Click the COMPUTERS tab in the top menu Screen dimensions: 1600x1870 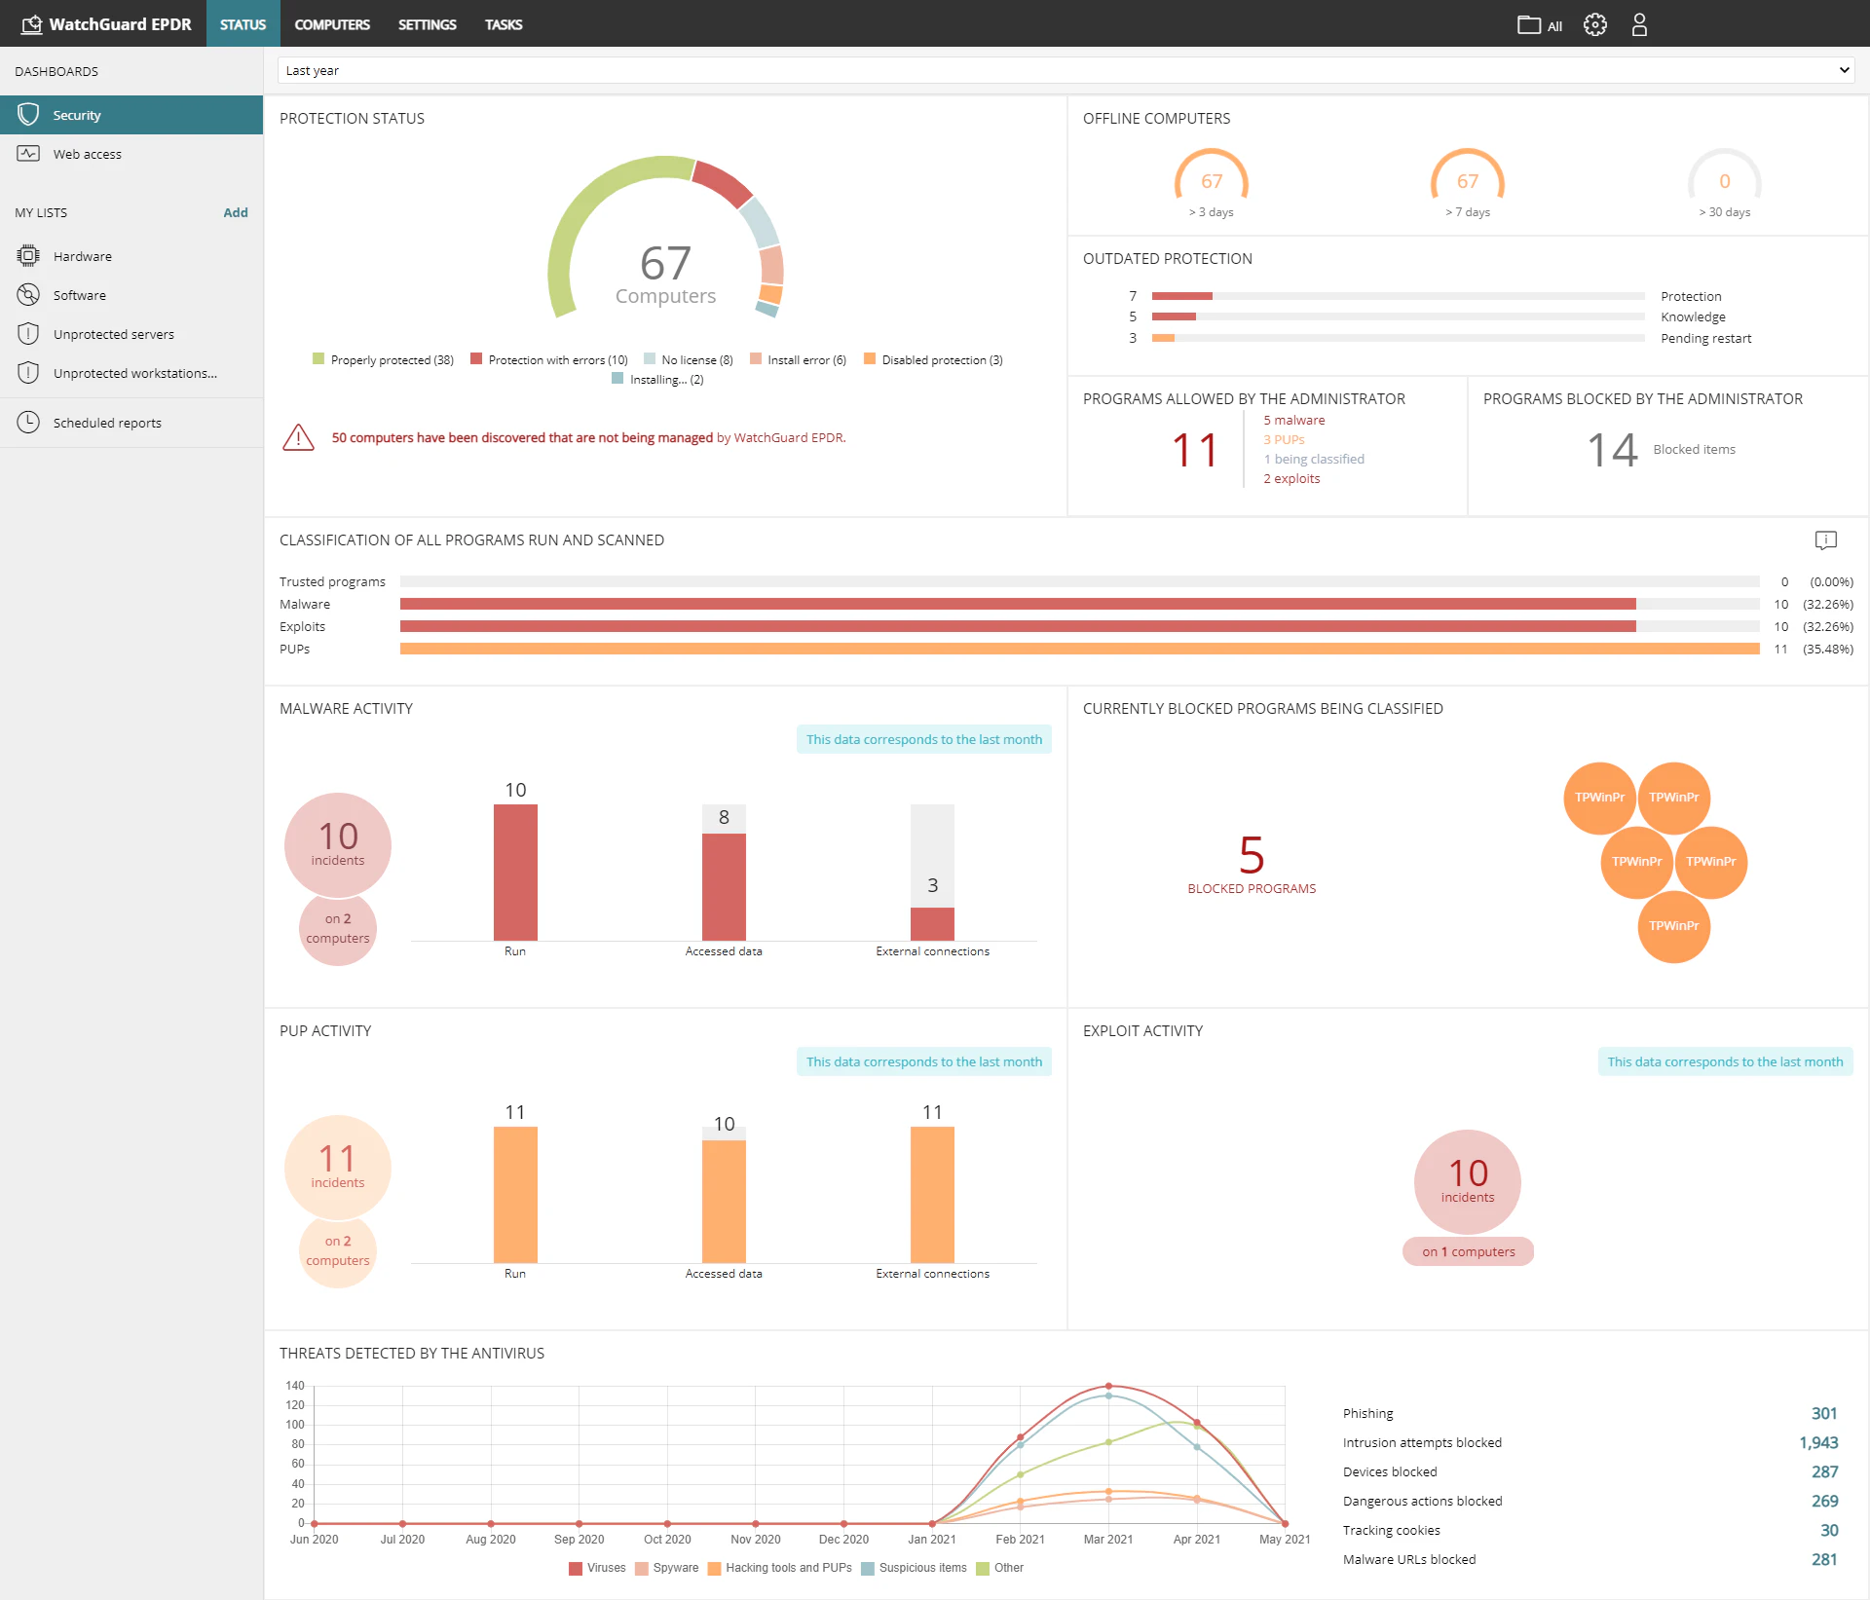(331, 24)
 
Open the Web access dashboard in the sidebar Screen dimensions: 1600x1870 (87, 154)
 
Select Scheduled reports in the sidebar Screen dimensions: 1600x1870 (107, 423)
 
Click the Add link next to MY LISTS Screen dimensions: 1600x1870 (235, 212)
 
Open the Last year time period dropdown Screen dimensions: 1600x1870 (1066, 70)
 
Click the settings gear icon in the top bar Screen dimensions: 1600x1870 (1594, 24)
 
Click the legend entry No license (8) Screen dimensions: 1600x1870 (695, 360)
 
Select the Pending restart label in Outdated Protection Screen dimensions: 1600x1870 (1705, 339)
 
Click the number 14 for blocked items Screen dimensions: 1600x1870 (1612, 450)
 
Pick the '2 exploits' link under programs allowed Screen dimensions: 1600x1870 (1291, 479)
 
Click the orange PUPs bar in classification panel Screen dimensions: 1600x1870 (1079, 649)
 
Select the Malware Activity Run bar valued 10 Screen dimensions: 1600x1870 (515, 872)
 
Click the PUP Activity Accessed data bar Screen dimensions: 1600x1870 (724, 1200)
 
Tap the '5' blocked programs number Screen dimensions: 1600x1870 (1252, 855)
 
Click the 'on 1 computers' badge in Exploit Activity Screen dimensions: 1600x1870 (1468, 1252)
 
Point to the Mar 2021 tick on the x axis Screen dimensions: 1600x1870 (1108, 1540)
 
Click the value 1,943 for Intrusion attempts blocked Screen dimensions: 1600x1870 (1817, 1443)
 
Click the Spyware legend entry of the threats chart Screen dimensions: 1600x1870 (675, 1568)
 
